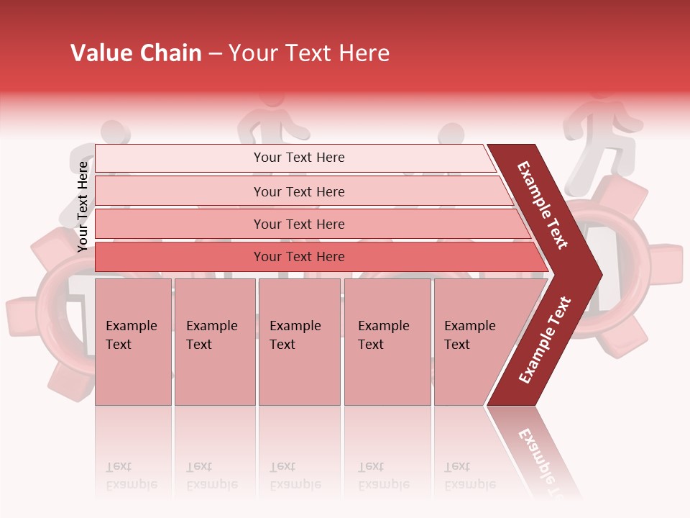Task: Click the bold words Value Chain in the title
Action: (x=136, y=53)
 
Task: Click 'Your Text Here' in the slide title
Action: (x=309, y=53)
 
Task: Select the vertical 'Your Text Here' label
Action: (x=83, y=206)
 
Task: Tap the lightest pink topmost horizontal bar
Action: (x=298, y=158)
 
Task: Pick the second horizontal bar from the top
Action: (x=298, y=191)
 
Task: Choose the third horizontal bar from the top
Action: (x=298, y=224)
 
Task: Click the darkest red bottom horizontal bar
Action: (x=298, y=257)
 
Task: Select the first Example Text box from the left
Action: (x=133, y=342)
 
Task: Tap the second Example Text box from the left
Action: (x=214, y=342)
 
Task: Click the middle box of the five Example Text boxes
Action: (x=299, y=342)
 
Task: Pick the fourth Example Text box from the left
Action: (x=387, y=342)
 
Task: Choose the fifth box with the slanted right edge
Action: (x=474, y=342)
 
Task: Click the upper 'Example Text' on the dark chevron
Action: (x=543, y=205)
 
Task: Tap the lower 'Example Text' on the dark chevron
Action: (x=545, y=340)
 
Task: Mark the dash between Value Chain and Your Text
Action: (x=215, y=54)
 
